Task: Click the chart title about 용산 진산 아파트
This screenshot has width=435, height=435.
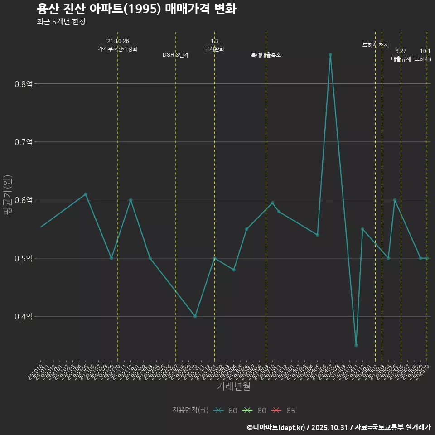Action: pos(136,9)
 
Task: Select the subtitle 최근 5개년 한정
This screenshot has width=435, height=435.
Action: pos(61,21)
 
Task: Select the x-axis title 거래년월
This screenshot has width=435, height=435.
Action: pos(233,387)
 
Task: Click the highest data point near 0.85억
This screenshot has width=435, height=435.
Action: pos(330,54)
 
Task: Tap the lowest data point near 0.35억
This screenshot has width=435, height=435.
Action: pos(356,345)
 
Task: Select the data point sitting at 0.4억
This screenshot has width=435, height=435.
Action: pos(195,316)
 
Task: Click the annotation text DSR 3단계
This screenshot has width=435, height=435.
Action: pos(176,55)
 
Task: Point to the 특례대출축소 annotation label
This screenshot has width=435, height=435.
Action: pos(266,55)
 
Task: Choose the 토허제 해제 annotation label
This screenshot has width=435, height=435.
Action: pos(376,45)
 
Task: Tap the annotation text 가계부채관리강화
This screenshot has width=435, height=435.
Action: pos(118,49)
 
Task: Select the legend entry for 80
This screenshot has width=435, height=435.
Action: pos(255,411)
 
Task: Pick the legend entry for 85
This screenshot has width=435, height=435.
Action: pos(284,411)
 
